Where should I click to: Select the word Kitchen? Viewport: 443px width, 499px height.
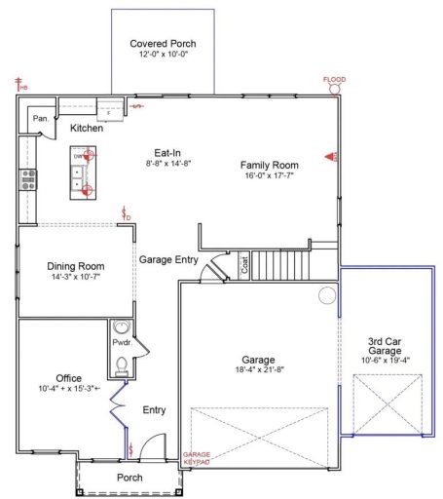(87, 128)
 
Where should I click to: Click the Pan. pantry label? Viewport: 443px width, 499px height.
(40, 118)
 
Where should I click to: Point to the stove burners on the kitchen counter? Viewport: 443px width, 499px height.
(28, 177)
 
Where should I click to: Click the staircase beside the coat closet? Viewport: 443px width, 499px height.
(279, 265)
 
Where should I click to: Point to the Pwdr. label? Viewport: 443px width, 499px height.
(125, 344)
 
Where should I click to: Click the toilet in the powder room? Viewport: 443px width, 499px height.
(122, 365)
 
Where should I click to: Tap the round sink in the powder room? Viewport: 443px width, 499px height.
(122, 327)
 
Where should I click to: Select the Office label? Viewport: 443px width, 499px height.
(68, 377)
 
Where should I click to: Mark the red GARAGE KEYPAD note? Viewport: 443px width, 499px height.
(197, 458)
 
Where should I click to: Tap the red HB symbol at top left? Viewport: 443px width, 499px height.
(19, 85)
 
